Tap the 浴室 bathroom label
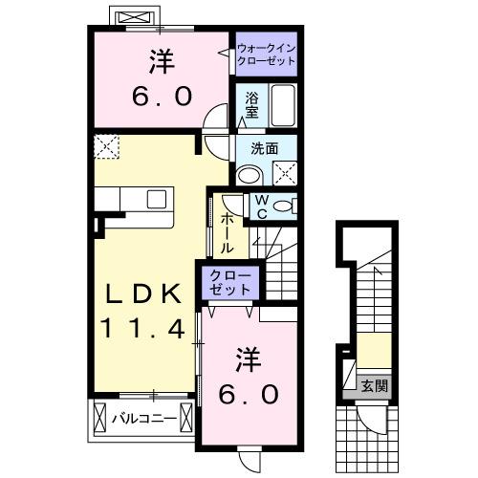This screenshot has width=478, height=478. tap(252, 104)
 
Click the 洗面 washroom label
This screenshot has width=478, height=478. tap(265, 149)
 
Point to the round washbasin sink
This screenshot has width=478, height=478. tap(250, 174)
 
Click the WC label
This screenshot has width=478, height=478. tap(260, 206)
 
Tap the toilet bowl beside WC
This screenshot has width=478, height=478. tap(285, 206)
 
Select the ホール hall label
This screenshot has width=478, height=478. tap(228, 231)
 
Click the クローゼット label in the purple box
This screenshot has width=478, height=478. tap(230, 284)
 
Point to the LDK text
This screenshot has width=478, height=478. tap(143, 294)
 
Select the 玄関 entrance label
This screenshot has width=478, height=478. tap(374, 386)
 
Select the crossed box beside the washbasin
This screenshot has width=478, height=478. tap(283, 172)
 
